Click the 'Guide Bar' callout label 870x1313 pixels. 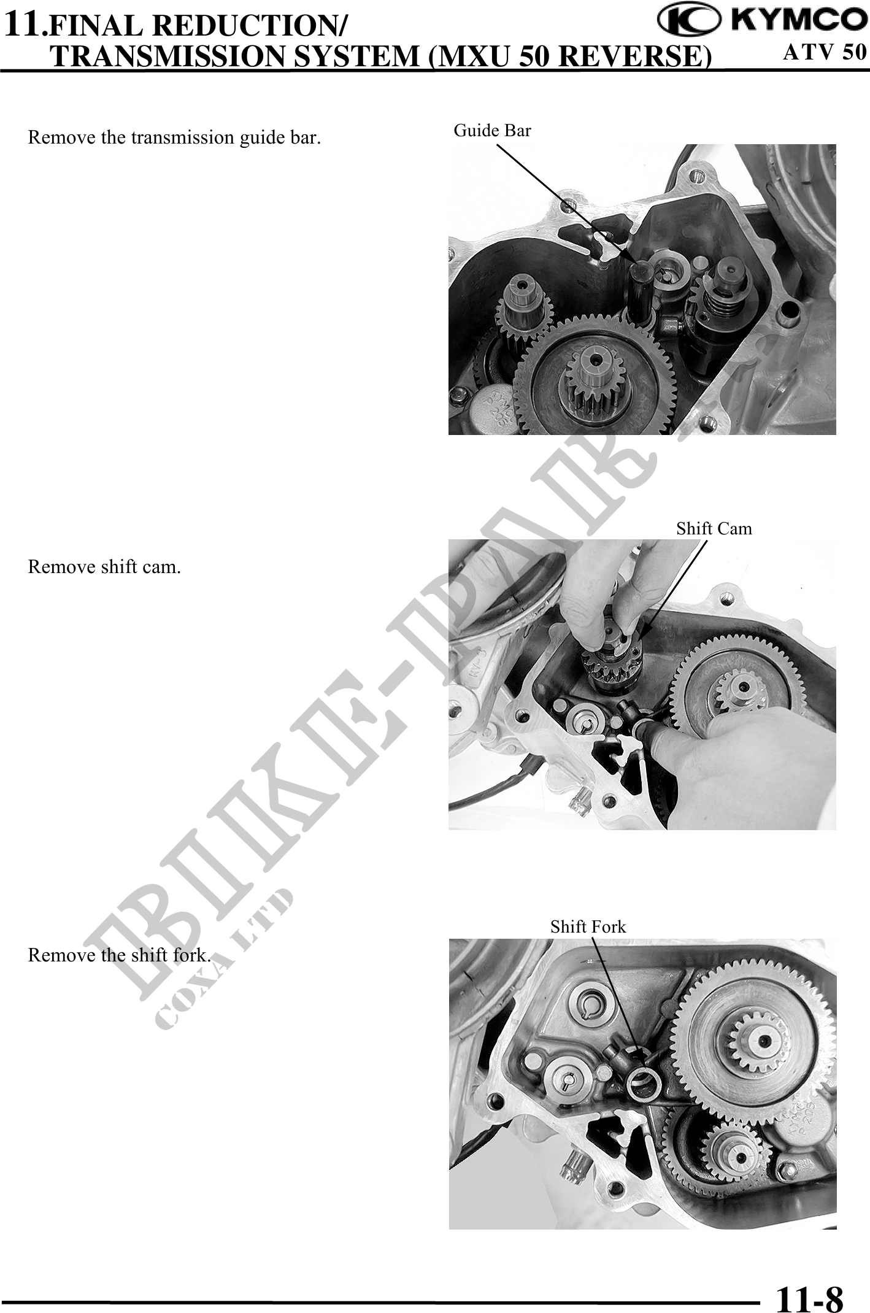point(492,130)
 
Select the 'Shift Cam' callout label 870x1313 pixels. point(714,528)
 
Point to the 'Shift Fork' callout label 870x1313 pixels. point(588,926)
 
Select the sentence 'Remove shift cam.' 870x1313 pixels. point(104,566)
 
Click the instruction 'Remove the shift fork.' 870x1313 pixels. point(120,955)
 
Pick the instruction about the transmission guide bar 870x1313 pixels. point(174,137)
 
